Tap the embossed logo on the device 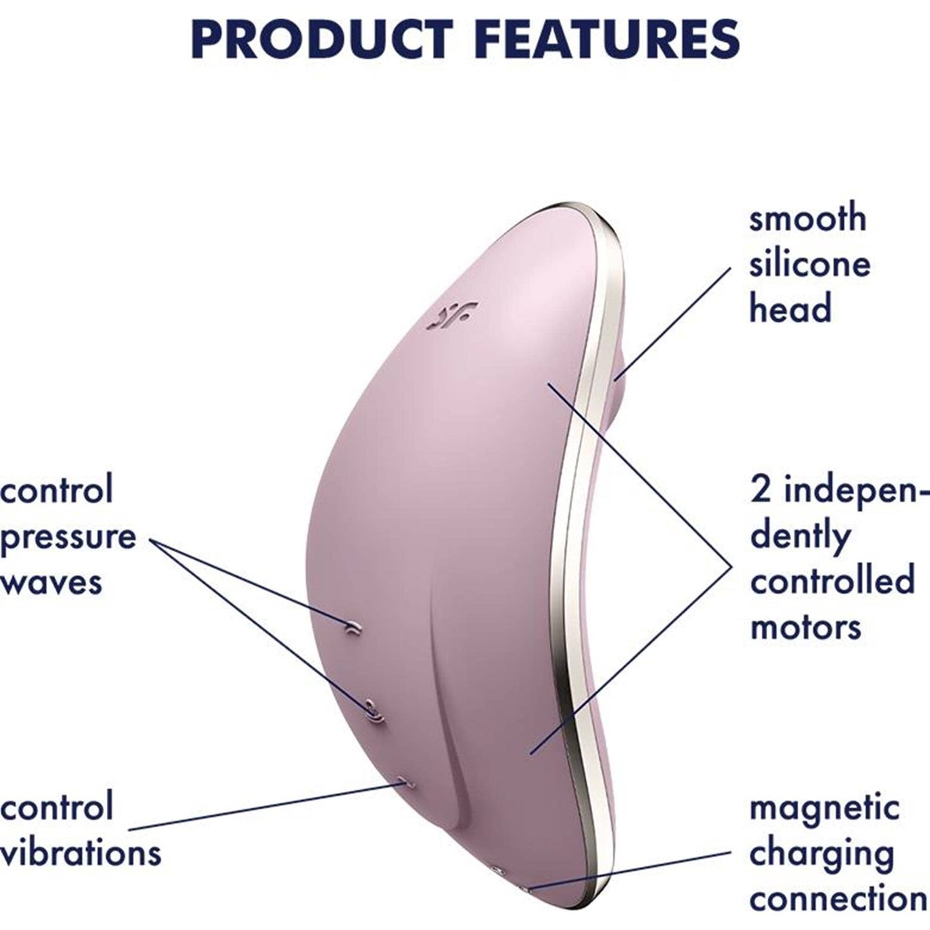point(452,316)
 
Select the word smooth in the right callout point(808,219)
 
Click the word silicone point(810,264)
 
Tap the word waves point(51,582)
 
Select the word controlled point(833,580)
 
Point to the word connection point(838,898)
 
